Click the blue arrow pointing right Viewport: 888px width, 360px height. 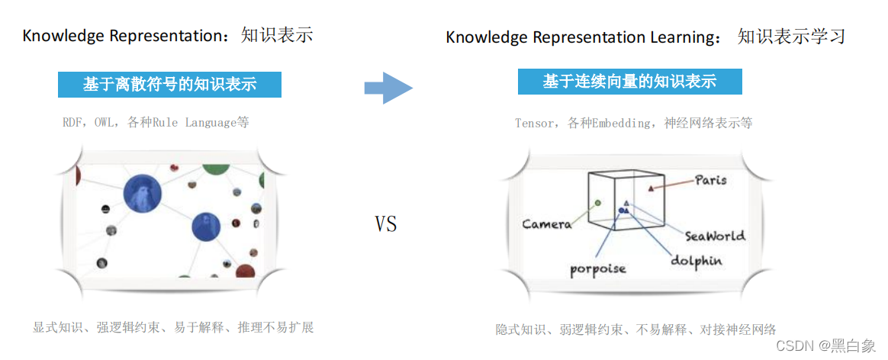point(388,88)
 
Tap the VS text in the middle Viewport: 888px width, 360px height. point(386,224)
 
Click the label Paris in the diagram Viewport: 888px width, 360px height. point(710,180)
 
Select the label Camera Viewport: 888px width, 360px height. point(546,223)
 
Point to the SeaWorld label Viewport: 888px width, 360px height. point(715,236)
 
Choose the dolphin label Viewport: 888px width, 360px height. point(696,260)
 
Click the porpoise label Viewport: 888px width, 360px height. point(598,268)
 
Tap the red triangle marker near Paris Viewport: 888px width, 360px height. point(650,188)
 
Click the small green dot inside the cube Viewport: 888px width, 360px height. point(597,203)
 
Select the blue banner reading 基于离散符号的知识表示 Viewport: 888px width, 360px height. point(169,84)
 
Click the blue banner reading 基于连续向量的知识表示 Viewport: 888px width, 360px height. point(629,82)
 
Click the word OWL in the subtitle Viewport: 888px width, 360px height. point(105,122)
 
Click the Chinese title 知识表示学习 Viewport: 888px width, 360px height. point(791,36)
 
